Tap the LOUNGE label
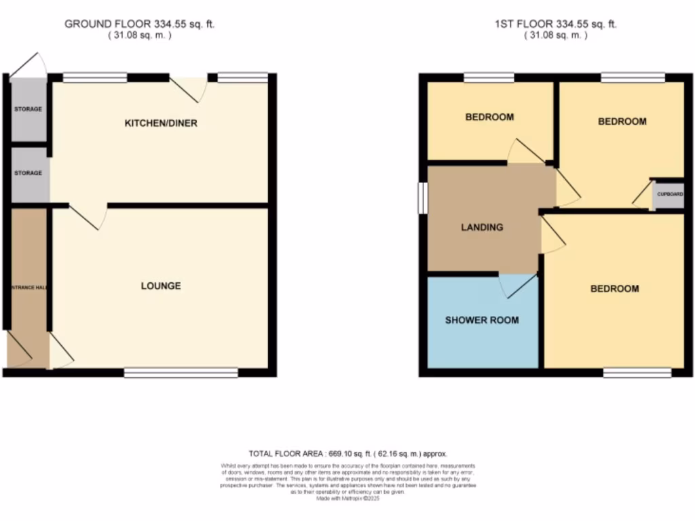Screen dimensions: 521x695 pos(161,286)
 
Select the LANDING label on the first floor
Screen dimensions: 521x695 pos(482,227)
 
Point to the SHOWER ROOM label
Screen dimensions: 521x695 pos(482,320)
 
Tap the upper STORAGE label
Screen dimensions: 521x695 pos(28,109)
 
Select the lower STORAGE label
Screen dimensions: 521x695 pos(28,173)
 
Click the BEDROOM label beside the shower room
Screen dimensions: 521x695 pos(614,289)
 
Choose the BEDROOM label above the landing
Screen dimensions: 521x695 pos(489,117)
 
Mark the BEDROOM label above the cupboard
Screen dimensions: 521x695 pos(622,122)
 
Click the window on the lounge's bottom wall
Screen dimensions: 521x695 pos(181,372)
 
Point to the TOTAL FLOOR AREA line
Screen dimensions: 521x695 pos(347,453)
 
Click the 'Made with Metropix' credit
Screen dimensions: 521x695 pos(347,498)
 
